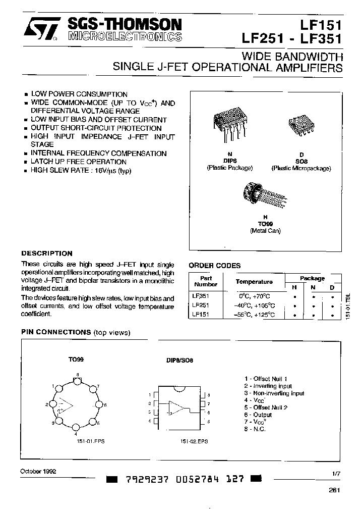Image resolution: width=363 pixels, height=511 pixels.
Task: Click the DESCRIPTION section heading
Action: point(46,253)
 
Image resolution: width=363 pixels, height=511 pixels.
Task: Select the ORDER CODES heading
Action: point(214,266)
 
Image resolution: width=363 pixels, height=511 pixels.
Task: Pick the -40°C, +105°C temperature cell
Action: point(254,305)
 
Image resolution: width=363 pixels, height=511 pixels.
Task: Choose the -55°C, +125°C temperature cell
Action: point(254,314)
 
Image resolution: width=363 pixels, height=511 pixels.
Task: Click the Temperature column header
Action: point(254,282)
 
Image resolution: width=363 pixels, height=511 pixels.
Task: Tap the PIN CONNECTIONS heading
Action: point(55,332)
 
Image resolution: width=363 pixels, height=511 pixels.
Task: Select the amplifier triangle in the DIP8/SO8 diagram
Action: point(177,406)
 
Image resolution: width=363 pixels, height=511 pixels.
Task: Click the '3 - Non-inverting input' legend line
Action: point(274,393)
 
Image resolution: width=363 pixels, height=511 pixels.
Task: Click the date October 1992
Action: point(38,471)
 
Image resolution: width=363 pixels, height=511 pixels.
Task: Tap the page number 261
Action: point(334,490)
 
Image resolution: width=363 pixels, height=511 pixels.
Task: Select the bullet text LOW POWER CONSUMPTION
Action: point(79,94)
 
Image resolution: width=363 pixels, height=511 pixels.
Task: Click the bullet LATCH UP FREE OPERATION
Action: point(79,162)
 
